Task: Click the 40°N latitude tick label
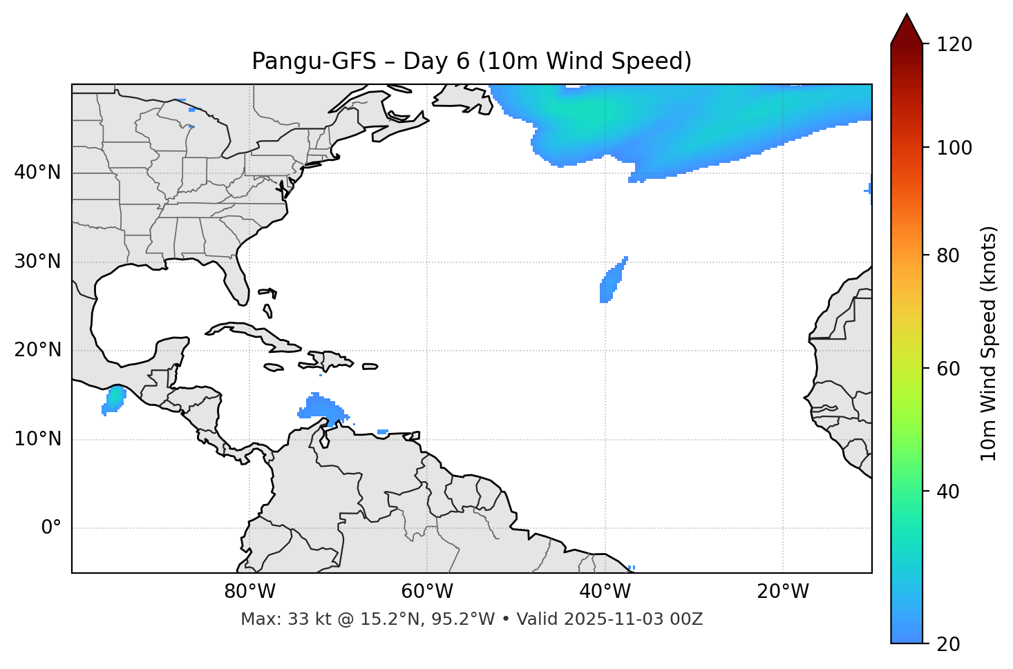pos(37,173)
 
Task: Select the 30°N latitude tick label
pos(37,262)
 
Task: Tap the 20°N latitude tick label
pos(37,350)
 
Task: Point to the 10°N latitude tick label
pos(37,439)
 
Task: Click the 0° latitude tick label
pos(51,528)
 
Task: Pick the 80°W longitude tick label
pos(249,592)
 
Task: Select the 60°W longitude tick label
pos(427,592)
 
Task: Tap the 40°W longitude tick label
pos(605,592)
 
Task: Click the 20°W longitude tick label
pos(782,592)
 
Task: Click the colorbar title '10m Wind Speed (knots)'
pos(989,343)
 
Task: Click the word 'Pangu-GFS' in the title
pos(314,61)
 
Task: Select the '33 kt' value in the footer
pos(301,619)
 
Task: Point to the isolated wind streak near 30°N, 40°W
pos(612,280)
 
